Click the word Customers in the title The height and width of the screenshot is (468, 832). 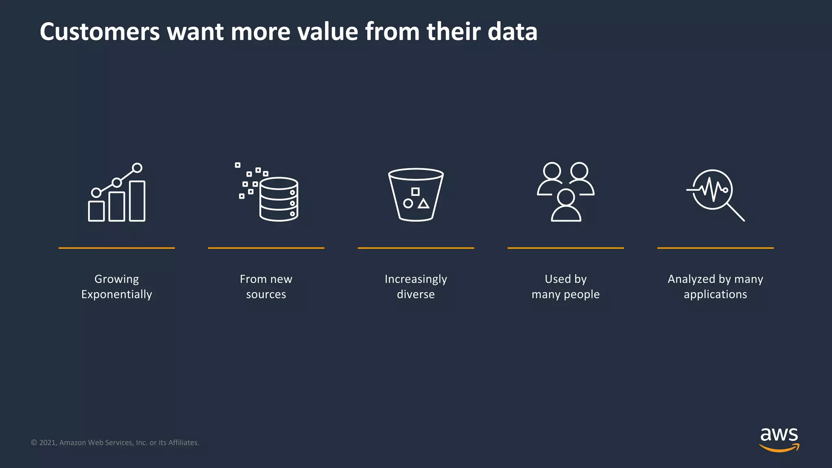click(x=100, y=32)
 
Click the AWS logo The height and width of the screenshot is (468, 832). click(x=779, y=440)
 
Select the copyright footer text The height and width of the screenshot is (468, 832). click(x=115, y=442)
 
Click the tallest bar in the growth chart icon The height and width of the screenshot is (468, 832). click(x=137, y=201)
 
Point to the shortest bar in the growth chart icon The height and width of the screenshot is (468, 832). click(x=96, y=211)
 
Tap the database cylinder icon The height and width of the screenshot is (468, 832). click(x=279, y=199)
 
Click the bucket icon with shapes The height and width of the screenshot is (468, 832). click(x=416, y=195)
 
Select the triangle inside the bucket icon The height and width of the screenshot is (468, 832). click(x=424, y=204)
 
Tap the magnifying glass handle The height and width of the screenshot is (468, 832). click(x=736, y=212)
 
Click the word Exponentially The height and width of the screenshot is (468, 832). click(x=117, y=295)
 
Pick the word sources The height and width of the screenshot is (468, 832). click(x=266, y=295)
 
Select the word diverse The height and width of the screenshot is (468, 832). click(x=416, y=295)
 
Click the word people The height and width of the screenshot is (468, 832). click(x=581, y=295)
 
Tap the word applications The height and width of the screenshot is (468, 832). click(x=715, y=295)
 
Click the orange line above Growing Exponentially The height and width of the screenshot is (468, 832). click(x=117, y=248)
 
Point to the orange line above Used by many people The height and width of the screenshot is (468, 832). click(x=565, y=248)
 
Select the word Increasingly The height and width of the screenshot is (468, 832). click(x=416, y=279)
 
